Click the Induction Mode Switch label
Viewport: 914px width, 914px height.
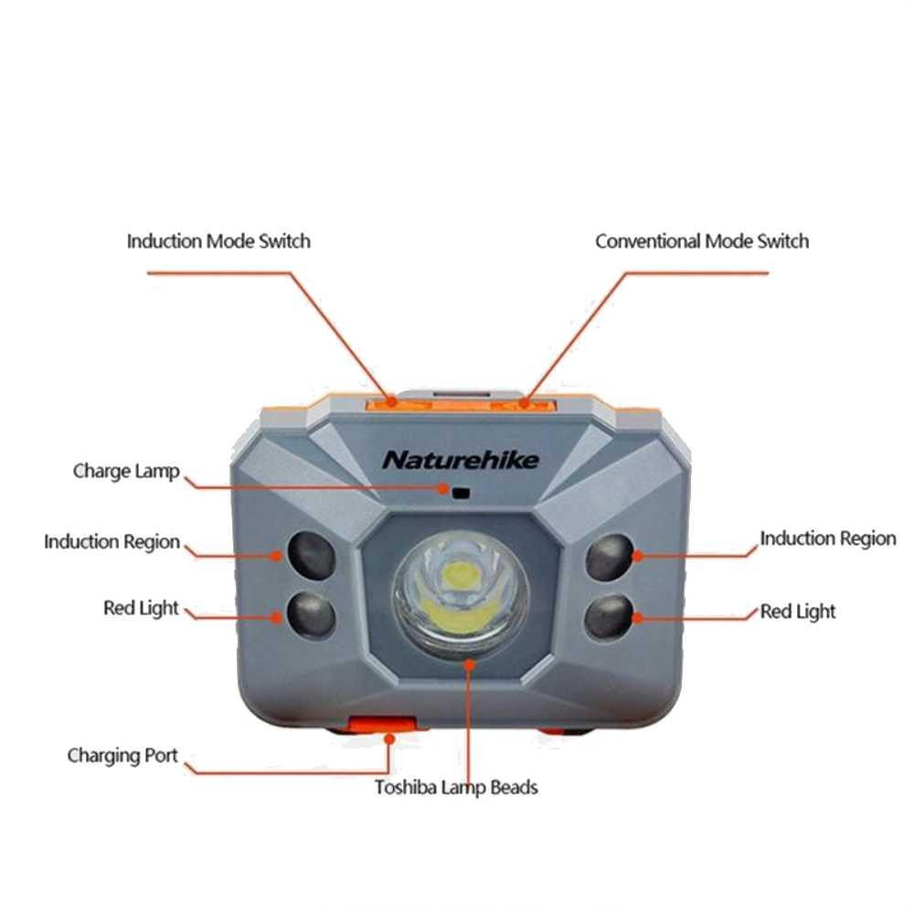[x=218, y=241]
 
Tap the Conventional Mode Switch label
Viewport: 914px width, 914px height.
[x=702, y=241]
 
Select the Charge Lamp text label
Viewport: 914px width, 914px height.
[x=126, y=471]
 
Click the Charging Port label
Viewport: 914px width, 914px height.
[x=122, y=756]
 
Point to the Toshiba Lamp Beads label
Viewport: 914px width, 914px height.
[x=456, y=788]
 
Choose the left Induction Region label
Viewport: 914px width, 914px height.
[x=112, y=541]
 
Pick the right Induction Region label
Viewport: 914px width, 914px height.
[x=828, y=538]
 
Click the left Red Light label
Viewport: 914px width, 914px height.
[x=141, y=608]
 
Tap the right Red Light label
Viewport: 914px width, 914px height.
[x=797, y=611]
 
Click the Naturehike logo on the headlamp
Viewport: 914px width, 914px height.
[x=461, y=460]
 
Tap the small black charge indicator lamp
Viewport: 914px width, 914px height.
[x=461, y=494]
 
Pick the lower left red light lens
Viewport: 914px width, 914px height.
[x=312, y=614]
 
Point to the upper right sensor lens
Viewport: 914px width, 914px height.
[x=610, y=558]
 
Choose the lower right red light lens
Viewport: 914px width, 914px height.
[x=609, y=617]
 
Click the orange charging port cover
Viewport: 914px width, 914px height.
[x=382, y=725]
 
